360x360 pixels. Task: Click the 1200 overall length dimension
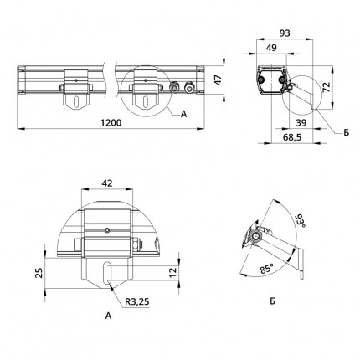pos(111,123)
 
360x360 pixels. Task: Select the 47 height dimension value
pos(218,80)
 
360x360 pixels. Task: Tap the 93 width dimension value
pos(285,33)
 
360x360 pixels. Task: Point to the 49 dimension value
pos(271,48)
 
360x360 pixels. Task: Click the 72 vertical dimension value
pos(327,87)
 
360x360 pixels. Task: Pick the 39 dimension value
pos(301,122)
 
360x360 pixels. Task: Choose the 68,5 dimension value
pos(292,137)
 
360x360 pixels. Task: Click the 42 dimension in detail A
pos(107,183)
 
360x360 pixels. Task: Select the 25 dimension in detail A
pos(39,273)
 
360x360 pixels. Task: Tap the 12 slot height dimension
pos(173,272)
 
